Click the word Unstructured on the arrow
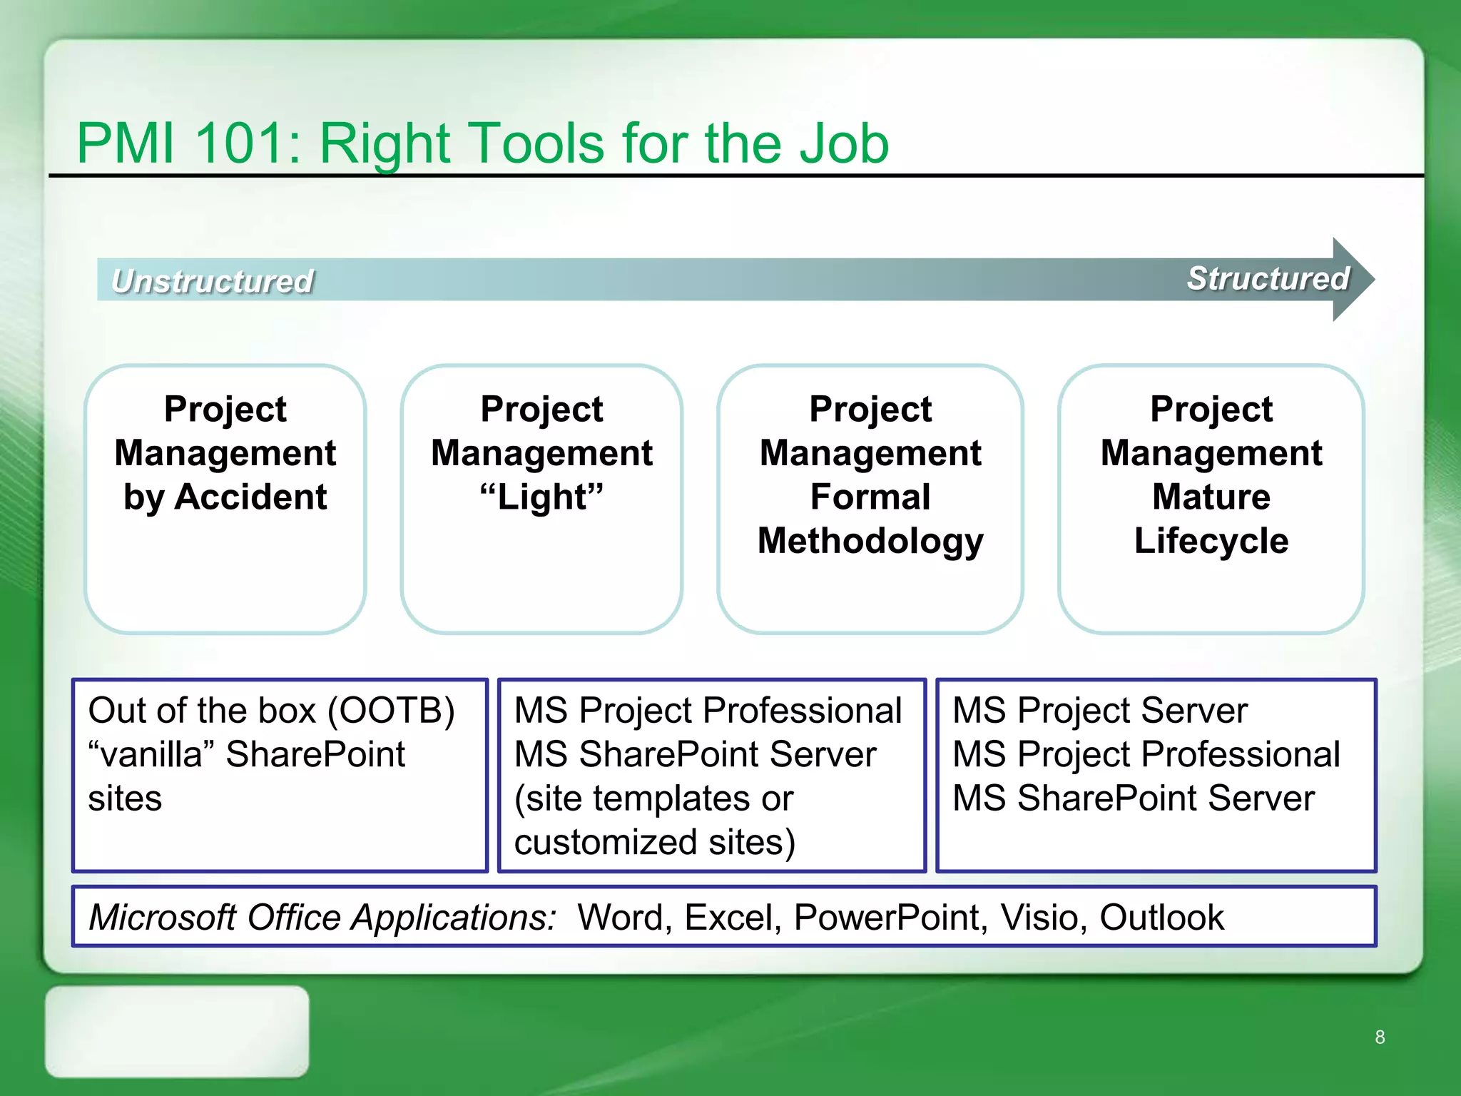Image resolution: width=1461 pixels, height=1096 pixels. [213, 280]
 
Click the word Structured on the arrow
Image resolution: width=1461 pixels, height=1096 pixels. [1268, 278]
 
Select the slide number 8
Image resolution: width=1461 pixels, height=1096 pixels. [1380, 1037]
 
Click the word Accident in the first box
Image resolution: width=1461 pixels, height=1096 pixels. [250, 497]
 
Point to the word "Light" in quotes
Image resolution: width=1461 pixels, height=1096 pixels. [541, 497]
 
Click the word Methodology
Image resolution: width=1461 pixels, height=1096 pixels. [870, 541]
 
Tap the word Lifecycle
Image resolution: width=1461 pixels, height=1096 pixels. [1211, 541]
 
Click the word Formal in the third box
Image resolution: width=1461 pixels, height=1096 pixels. [870, 497]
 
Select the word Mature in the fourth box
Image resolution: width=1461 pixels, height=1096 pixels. [1211, 497]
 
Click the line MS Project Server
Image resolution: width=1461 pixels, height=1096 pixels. [1099, 711]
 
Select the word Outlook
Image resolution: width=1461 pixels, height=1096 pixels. [1161, 918]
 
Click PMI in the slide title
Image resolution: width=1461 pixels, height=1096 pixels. [126, 143]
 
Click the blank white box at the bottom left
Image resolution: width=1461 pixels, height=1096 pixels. [177, 1032]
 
